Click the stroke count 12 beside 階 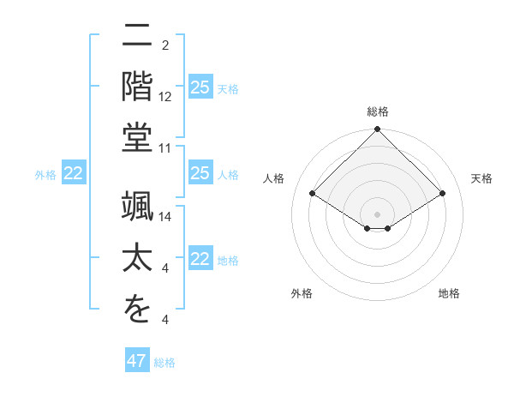click(x=165, y=97)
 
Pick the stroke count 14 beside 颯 click(x=165, y=216)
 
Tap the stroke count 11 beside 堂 click(x=165, y=148)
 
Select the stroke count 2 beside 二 click(x=165, y=45)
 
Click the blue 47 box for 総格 click(x=137, y=361)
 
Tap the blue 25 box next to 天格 click(x=200, y=87)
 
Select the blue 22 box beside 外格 click(x=74, y=173)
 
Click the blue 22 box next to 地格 click(x=200, y=259)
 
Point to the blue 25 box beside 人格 click(x=200, y=173)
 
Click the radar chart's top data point click(x=377, y=130)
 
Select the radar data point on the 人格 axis click(x=313, y=194)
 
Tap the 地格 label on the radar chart click(x=449, y=293)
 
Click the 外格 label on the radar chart click(x=302, y=293)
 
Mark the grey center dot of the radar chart click(x=377, y=214)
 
